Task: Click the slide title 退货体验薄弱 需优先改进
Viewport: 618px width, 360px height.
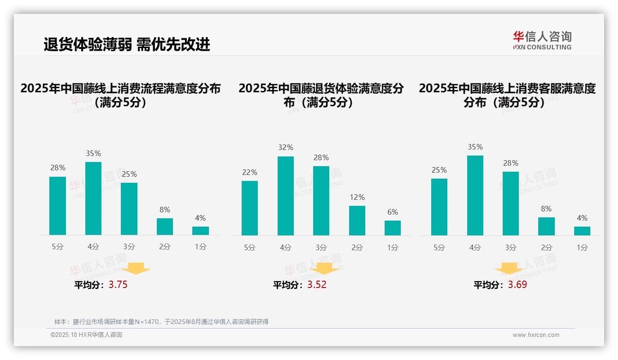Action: [x=127, y=44]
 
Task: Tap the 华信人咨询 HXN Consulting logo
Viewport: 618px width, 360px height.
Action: [x=542, y=41]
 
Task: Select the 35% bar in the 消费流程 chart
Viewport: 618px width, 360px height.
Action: [x=94, y=198]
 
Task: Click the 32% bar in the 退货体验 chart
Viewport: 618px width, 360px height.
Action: [x=285, y=196]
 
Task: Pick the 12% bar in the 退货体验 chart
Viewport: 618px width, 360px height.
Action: [x=357, y=221]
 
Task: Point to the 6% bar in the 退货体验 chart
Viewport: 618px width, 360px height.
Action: [x=392, y=228]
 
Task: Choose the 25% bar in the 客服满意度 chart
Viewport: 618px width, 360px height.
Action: [x=439, y=207]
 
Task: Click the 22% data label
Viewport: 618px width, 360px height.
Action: [x=250, y=172]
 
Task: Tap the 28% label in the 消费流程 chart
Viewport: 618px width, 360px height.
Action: [x=58, y=168]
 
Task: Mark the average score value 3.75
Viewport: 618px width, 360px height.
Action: [x=118, y=285]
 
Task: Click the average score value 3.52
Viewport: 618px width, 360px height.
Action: [x=317, y=285]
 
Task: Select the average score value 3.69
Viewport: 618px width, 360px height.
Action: [x=517, y=285]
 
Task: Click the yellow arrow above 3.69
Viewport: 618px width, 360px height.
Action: [x=509, y=269]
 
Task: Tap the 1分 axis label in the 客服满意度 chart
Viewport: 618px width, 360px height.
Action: [x=582, y=247]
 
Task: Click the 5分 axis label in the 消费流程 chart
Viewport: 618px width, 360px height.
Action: [x=58, y=246]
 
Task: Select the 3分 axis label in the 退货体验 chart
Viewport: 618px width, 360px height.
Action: [x=321, y=247]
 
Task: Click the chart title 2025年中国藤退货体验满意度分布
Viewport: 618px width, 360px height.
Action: [x=321, y=95]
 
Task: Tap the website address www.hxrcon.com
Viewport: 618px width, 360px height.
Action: [x=536, y=335]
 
